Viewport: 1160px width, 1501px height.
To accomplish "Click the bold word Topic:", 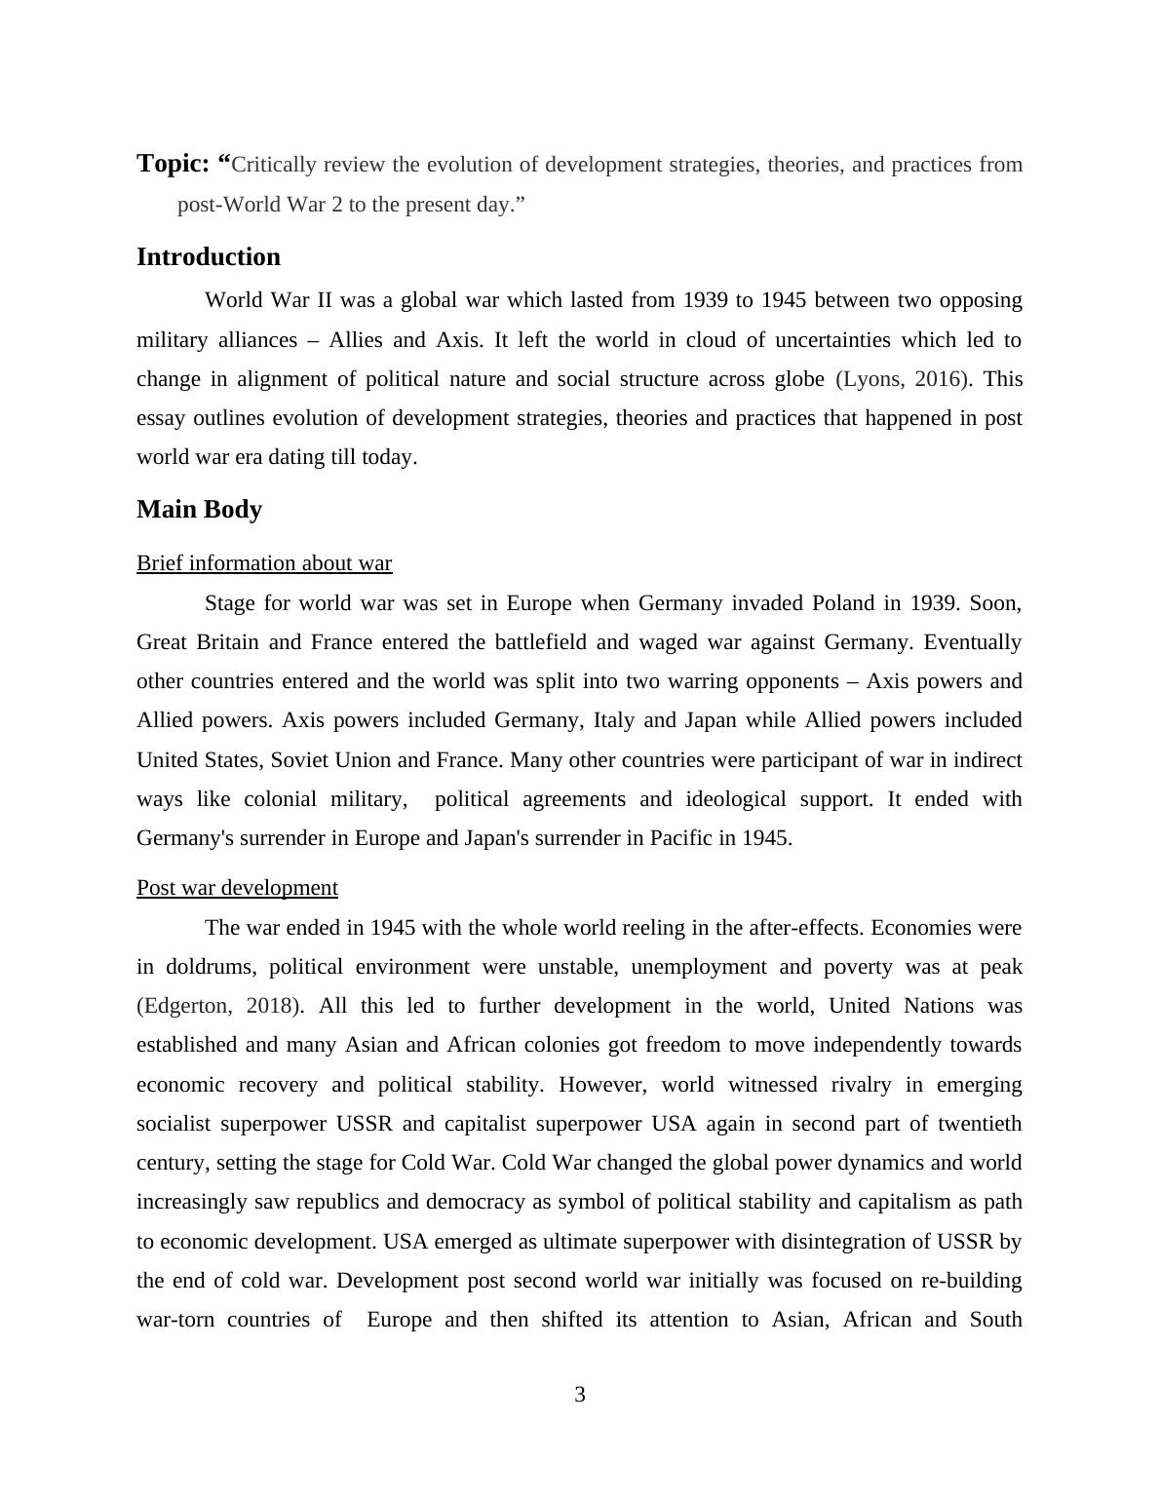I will pos(173,163).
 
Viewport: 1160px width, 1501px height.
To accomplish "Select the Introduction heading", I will pos(209,256).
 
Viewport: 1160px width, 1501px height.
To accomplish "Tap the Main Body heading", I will pos(199,509).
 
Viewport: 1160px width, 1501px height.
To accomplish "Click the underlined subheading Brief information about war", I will pos(264,563).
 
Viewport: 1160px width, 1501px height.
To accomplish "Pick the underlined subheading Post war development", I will pos(237,888).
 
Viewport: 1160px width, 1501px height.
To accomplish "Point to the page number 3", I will pos(580,1395).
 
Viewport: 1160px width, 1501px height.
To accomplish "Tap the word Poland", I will pos(843,603).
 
